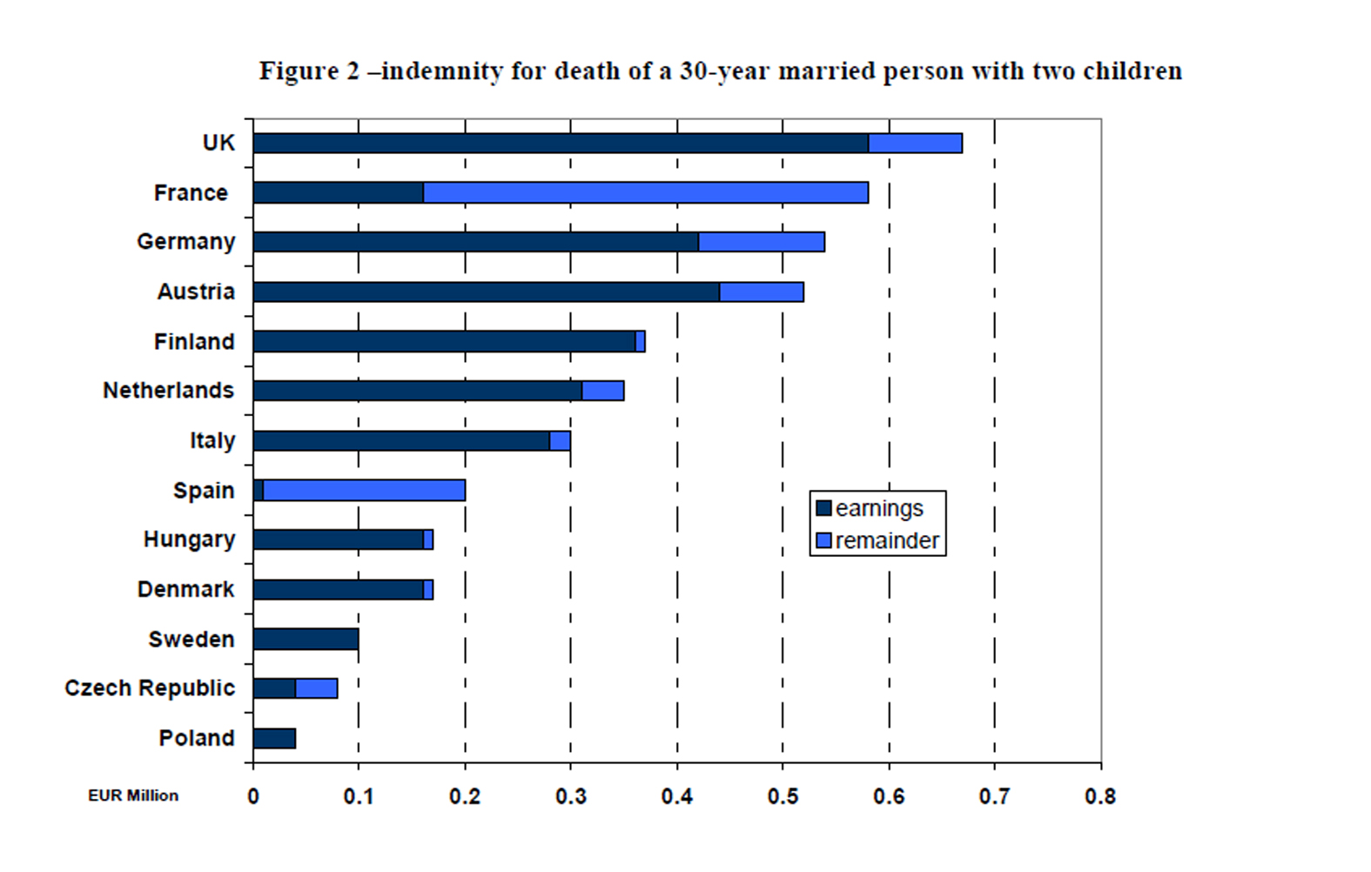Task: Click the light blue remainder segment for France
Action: point(645,192)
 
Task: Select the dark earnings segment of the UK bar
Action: point(560,143)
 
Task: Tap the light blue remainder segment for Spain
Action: point(364,491)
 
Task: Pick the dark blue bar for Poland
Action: point(274,739)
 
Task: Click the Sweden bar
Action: point(306,640)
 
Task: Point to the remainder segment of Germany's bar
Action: point(762,242)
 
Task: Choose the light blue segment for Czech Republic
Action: point(316,688)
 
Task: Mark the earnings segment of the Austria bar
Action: point(486,292)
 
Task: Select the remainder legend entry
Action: point(877,540)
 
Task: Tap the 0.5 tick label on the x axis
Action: point(783,796)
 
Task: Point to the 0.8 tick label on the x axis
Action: point(1100,796)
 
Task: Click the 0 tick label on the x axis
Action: point(253,796)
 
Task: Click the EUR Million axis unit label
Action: point(133,795)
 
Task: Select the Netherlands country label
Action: point(169,391)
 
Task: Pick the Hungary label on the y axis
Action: point(189,540)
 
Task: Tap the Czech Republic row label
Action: point(150,688)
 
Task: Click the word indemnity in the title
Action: point(442,70)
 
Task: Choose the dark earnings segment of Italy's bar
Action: point(401,441)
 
